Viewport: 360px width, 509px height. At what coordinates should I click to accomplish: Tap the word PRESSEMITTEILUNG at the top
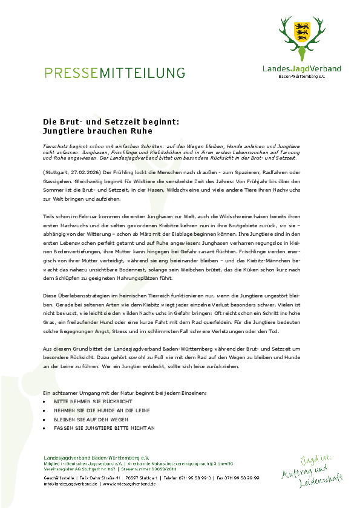point(114,73)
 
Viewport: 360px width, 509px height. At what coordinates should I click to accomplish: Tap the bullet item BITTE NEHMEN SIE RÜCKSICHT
point(84,401)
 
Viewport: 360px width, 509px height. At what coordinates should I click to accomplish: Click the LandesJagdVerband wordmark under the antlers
point(301,69)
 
